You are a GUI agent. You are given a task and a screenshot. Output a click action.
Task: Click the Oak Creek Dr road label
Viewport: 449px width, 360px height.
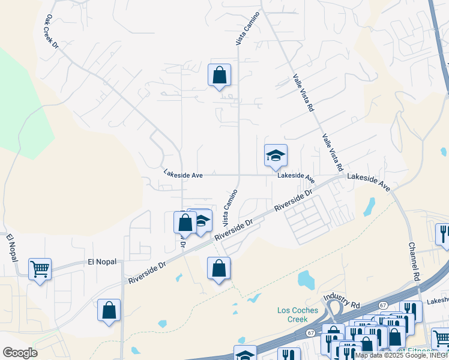pyautogui.click(x=52, y=32)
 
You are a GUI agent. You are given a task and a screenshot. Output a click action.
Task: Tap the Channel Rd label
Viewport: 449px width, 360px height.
pyautogui.click(x=414, y=262)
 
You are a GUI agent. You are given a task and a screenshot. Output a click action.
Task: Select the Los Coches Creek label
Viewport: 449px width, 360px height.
pyautogui.click(x=292, y=314)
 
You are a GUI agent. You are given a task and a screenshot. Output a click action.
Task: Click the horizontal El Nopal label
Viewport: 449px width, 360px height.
pyautogui.click(x=101, y=262)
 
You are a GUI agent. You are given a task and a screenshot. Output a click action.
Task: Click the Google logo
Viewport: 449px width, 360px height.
pyautogui.click(x=20, y=352)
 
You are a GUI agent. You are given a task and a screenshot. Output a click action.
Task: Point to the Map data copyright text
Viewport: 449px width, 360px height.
pyautogui.click(x=401, y=355)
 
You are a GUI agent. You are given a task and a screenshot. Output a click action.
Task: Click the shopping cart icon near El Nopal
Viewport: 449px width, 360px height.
pyautogui.click(x=40, y=269)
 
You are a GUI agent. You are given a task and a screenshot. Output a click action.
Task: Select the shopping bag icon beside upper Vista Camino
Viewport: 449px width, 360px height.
pyautogui.click(x=219, y=76)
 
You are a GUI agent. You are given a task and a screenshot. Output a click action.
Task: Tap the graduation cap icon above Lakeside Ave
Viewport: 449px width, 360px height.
pyautogui.click(x=276, y=156)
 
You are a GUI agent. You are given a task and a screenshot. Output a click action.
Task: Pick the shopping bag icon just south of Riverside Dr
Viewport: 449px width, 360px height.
pyautogui.click(x=219, y=268)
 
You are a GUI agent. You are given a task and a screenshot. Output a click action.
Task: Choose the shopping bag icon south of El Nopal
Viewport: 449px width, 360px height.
pyautogui.click(x=109, y=311)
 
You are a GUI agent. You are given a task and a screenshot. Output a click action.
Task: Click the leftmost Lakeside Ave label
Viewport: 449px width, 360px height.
pyautogui.click(x=183, y=175)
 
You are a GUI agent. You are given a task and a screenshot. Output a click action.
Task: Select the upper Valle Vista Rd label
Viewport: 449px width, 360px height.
pyautogui.click(x=303, y=94)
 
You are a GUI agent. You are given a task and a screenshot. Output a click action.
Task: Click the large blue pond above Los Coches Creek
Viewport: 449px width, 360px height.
pyautogui.click(x=307, y=279)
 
